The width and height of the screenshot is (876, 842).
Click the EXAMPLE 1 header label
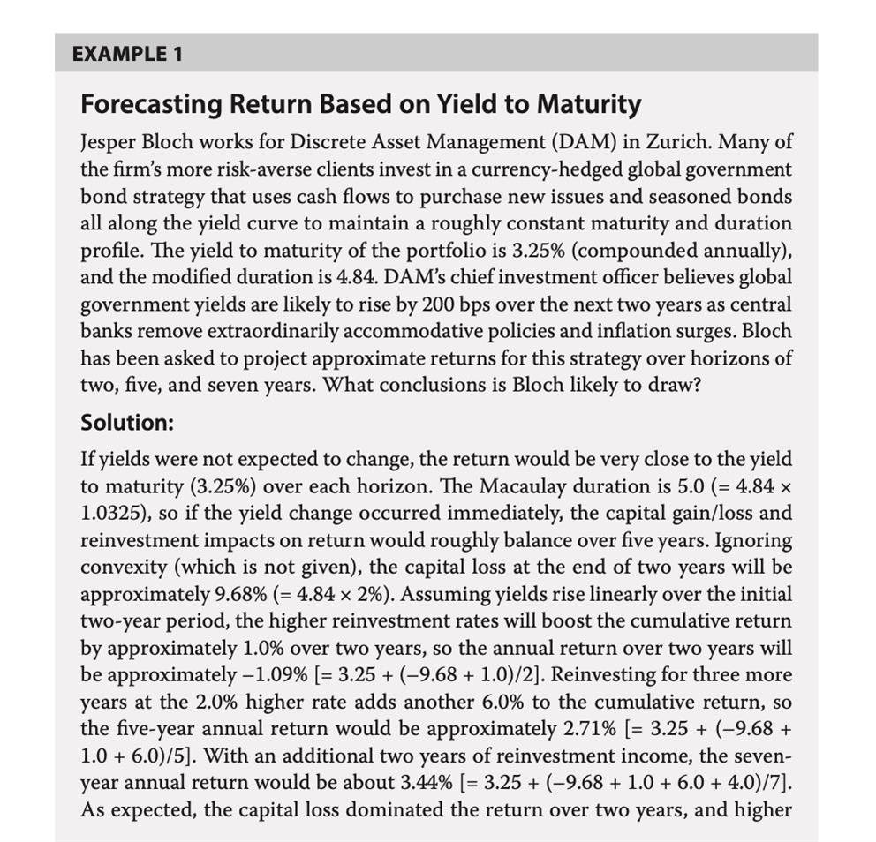tap(127, 53)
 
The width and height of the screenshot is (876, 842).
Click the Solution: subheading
tap(127, 422)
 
